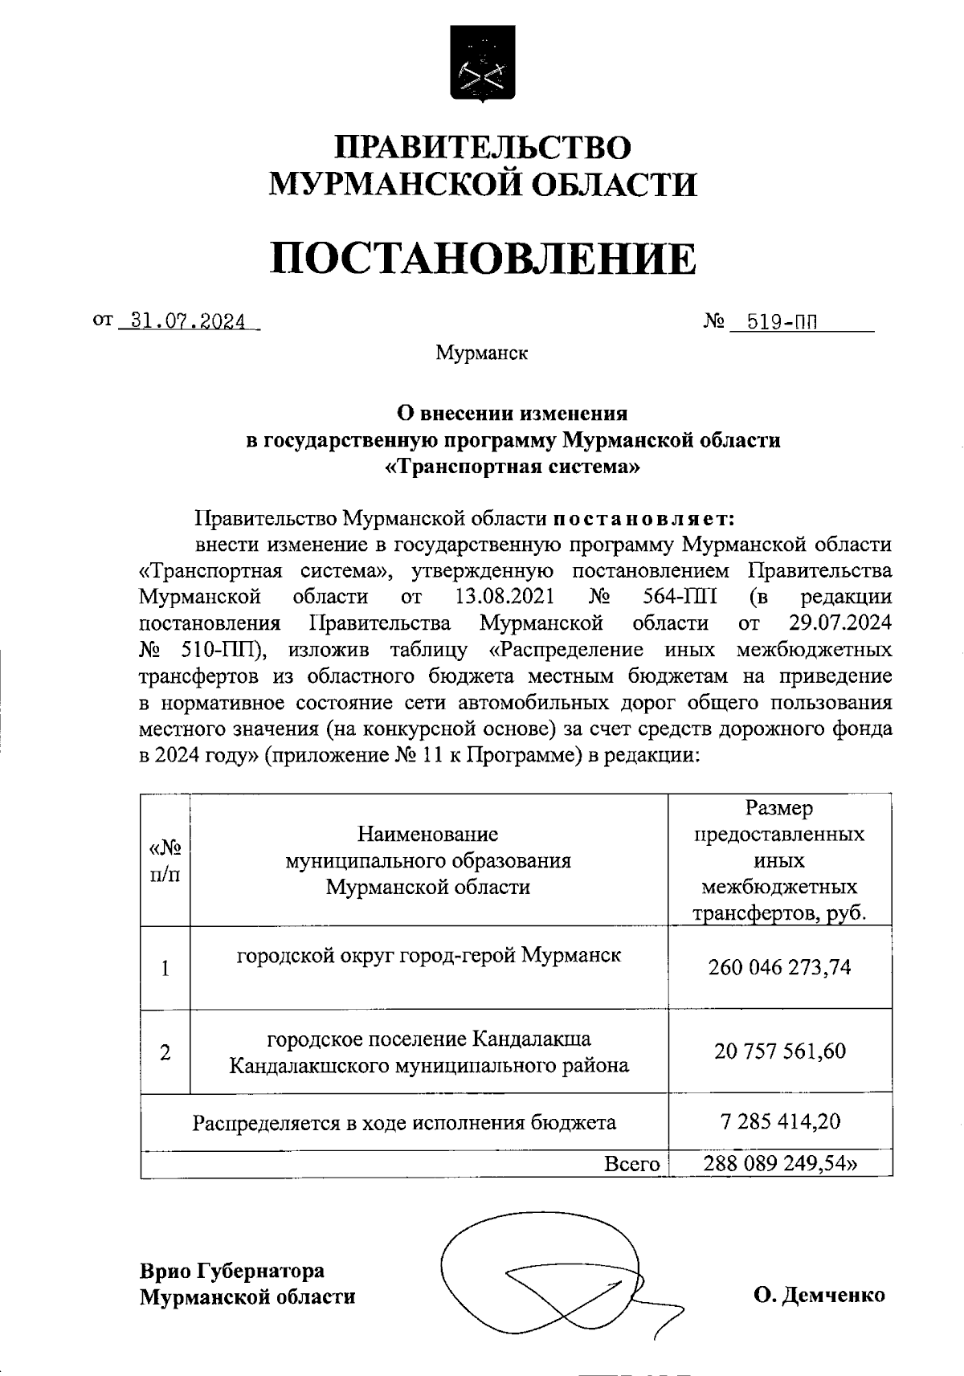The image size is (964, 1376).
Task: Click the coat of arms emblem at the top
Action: click(482, 64)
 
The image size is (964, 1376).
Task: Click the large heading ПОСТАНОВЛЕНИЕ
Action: click(482, 259)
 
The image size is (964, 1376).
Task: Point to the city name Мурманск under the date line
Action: click(481, 353)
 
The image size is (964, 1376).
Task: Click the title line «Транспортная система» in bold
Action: click(513, 467)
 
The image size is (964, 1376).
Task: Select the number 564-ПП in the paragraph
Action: click(680, 597)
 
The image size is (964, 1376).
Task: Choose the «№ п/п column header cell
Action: click(165, 860)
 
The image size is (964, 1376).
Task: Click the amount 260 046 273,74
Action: click(779, 968)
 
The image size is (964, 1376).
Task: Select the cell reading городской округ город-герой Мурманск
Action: click(428, 955)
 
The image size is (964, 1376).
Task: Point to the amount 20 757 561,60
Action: click(780, 1051)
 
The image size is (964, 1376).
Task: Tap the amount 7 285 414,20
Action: click(780, 1121)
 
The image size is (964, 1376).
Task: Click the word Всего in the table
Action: click(632, 1164)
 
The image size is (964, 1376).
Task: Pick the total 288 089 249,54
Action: click(779, 1164)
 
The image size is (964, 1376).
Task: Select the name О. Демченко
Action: click(819, 1295)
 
